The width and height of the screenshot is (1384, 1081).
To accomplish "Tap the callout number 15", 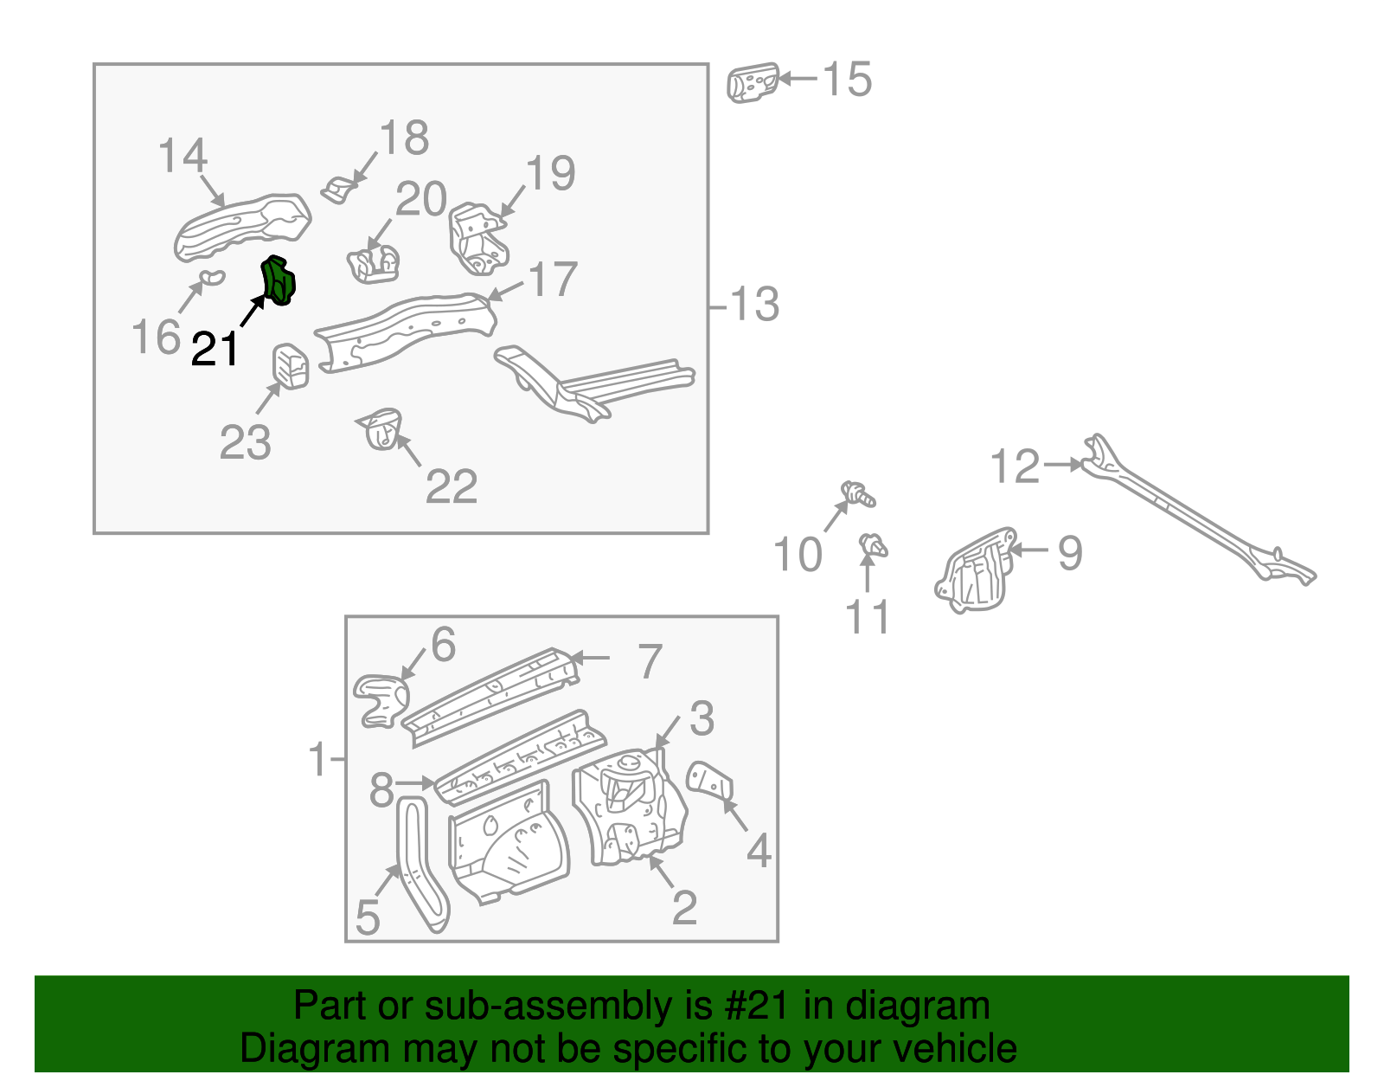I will click(846, 80).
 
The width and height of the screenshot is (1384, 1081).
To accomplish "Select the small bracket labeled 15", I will click(752, 83).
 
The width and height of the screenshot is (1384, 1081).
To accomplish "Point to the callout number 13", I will click(754, 305).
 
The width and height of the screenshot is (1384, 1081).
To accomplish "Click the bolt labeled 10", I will click(859, 494).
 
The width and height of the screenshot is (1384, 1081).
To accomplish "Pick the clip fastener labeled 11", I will click(873, 546).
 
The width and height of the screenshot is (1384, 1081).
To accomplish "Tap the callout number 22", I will click(451, 486).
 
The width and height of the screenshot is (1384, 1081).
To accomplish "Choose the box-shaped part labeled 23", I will click(292, 366).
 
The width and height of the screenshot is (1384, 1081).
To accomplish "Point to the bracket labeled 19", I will click(476, 237).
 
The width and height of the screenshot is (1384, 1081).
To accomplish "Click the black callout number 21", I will click(214, 350).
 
